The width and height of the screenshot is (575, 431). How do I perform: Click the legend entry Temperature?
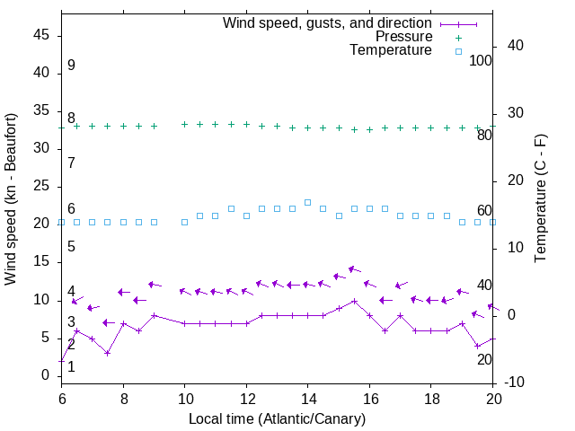click(391, 50)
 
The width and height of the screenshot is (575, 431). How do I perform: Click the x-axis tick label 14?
click(307, 398)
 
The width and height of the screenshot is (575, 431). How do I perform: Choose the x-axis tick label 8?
click(123, 398)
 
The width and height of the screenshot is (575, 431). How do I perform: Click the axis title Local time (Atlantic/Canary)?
click(277, 418)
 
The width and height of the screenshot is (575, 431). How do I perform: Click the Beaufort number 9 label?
click(71, 66)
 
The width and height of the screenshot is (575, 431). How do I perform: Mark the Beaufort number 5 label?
click(71, 246)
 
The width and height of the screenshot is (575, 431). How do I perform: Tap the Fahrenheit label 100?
click(481, 60)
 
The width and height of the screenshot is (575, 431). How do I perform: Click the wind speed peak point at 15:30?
click(354, 301)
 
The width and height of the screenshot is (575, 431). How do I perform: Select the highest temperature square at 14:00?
click(307, 202)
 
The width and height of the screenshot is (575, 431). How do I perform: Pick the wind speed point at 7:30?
click(108, 353)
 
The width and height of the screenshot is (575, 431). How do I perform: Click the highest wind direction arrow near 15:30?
click(354, 268)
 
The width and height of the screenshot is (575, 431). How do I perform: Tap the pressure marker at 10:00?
click(184, 124)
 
